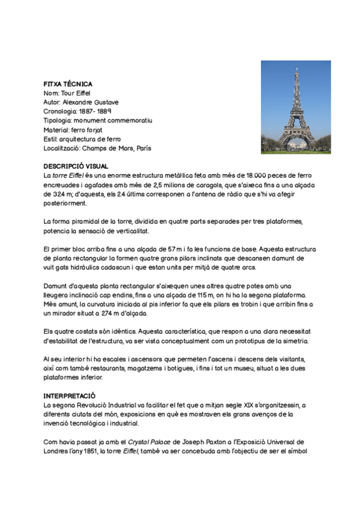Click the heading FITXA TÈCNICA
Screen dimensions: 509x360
pos(68,84)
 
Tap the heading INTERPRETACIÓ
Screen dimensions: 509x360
pos(70,397)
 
